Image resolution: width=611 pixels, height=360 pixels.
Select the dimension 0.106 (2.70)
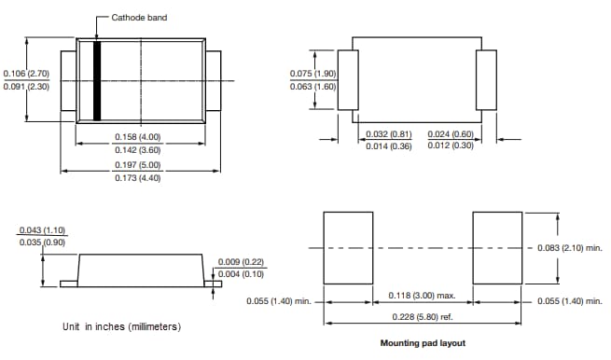point(26,73)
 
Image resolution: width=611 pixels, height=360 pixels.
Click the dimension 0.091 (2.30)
point(26,87)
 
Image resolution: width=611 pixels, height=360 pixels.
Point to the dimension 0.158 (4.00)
point(138,137)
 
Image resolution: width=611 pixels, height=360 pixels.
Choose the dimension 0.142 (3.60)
point(138,150)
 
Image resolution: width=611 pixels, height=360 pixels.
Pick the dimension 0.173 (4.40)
point(138,177)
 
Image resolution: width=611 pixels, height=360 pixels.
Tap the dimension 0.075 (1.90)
point(312,74)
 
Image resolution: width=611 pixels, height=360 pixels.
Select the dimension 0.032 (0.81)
point(389,133)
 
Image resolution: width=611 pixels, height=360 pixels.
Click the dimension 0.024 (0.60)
point(451,133)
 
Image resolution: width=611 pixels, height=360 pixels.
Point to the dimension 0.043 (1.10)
point(43,230)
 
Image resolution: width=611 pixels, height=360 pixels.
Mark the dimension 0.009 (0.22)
point(241,262)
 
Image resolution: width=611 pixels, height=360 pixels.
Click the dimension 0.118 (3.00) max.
point(422,296)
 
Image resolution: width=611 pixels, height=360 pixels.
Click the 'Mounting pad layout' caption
point(423,342)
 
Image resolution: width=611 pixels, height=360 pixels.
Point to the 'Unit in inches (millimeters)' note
point(121,326)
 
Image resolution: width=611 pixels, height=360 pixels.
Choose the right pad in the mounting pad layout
point(497,247)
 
